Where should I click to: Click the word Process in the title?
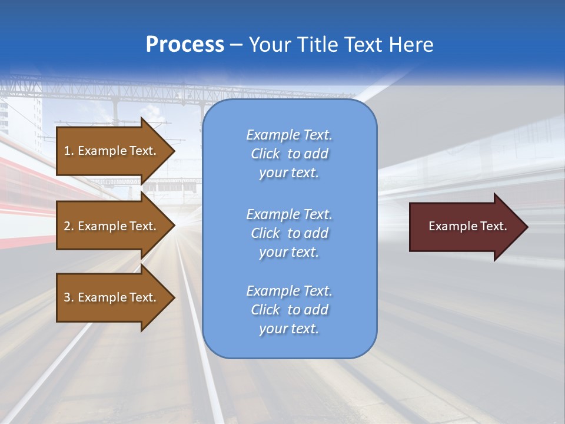coord(185,45)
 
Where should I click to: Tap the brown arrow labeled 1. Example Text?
coord(110,151)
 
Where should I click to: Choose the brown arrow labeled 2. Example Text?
coord(110,226)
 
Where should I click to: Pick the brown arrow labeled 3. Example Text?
coord(110,297)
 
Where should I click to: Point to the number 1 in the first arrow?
coord(67,151)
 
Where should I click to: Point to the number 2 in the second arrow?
coord(67,226)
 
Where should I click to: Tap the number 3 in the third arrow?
coord(67,297)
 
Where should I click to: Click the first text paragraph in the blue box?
coord(289,154)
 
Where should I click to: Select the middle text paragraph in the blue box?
coord(289,233)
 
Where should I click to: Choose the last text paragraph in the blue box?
coord(289,310)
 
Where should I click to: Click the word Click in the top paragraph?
coord(265,154)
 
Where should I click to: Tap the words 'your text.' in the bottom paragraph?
coord(289,329)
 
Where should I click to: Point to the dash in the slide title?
coord(236,45)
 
